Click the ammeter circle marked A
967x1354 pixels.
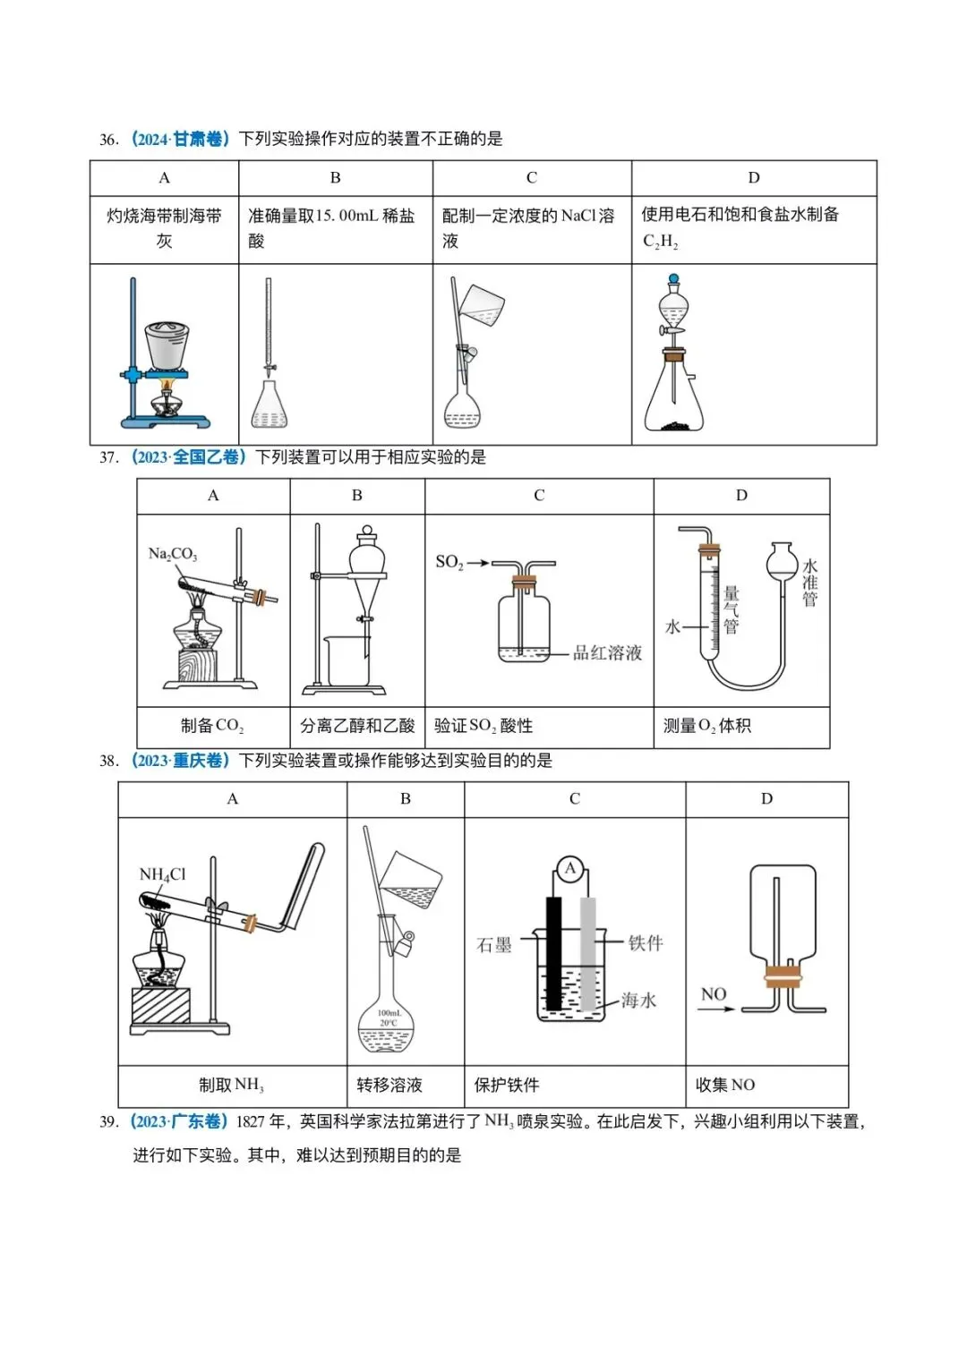[x=570, y=868]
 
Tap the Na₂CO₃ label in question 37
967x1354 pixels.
[x=173, y=554]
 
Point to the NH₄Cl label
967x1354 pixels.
[x=162, y=874]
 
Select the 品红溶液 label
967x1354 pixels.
[x=608, y=653]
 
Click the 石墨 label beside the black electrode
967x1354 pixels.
[x=493, y=945]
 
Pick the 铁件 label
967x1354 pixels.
[x=646, y=942]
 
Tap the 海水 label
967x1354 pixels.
[x=639, y=1000]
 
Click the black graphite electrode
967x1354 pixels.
[x=554, y=953]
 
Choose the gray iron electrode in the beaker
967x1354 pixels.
[x=587, y=953]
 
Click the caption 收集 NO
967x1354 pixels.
[x=725, y=1085]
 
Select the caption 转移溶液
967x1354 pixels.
[x=389, y=1085]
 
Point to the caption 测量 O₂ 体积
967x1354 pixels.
[x=707, y=726]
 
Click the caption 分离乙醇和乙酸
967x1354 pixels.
[x=357, y=726]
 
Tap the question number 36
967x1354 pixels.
[x=108, y=140]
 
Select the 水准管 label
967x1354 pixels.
[x=809, y=583]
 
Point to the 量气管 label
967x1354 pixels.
[x=732, y=609]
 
